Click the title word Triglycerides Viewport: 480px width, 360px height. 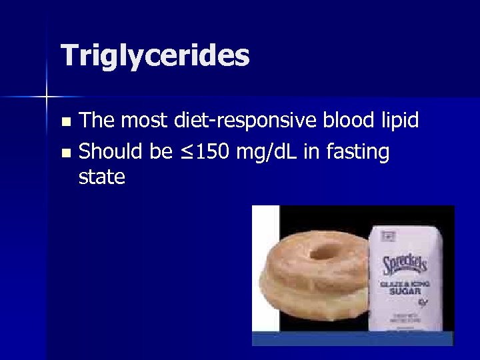point(155,56)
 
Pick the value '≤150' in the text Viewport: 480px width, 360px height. point(203,152)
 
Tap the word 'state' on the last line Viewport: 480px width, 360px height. point(101,177)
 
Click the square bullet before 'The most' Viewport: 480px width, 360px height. point(65,122)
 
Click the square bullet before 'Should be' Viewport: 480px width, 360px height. point(65,153)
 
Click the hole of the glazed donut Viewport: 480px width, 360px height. point(324,251)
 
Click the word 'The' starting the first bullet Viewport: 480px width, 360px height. point(96,121)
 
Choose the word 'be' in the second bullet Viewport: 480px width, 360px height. point(161,152)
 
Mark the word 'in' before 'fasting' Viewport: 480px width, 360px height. point(312,152)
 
